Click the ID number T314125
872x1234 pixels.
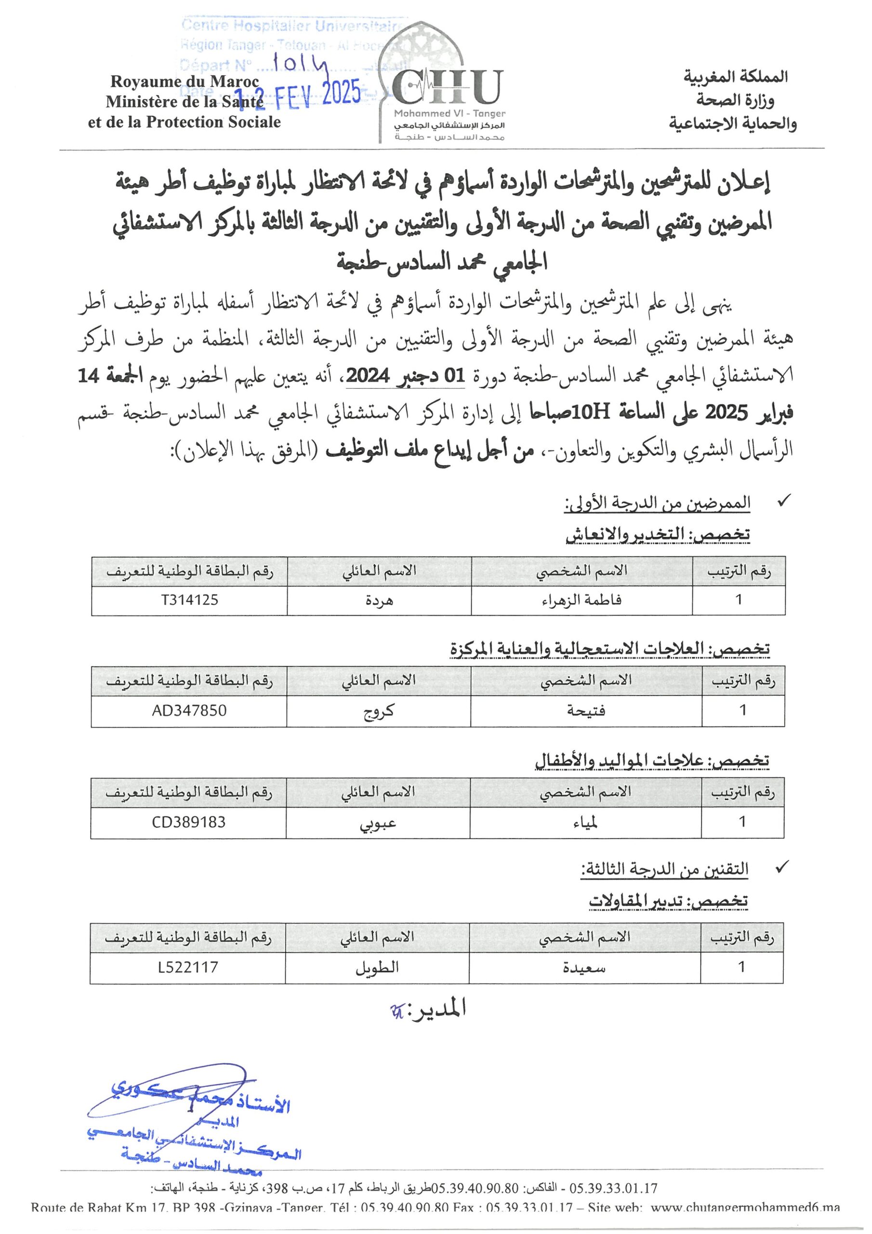pyautogui.click(x=190, y=600)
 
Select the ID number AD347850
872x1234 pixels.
pyautogui.click(x=189, y=711)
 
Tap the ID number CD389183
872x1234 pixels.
pyautogui.click(x=189, y=822)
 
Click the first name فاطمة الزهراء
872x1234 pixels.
pyautogui.click(x=582, y=600)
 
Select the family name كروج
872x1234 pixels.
pyautogui.click(x=379, y=711)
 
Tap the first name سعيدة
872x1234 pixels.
pyautogui.click(x=584, y=967)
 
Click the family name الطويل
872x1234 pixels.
pyautogui.click(x=377, y=967)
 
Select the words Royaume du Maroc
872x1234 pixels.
pyautogui.click(x=185, y=81)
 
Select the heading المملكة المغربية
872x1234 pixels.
pyautogui.click(x=736, y=77)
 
